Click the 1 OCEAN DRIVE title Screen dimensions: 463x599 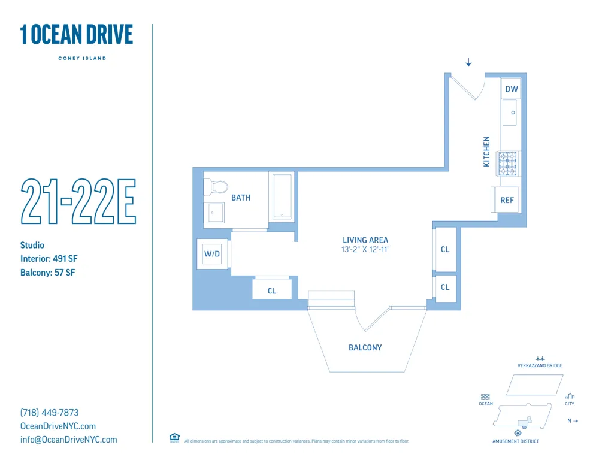tap(77, 35)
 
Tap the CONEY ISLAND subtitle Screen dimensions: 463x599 tap(82, 58)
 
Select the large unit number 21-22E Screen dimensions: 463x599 tap(78, 201)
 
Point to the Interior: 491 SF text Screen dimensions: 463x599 tap(49, 259)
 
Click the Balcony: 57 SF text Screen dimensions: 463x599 tap(47, 273)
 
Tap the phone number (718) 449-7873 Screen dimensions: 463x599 tap(50, 413)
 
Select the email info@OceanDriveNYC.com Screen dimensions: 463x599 tap(69, 440)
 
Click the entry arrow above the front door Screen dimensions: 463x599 tap(468, 62)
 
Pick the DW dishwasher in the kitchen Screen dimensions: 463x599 tap(511, 89)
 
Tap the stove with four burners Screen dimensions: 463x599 tap(508, 164)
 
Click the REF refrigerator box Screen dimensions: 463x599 tap(507, 200)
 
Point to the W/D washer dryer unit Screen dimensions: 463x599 tap(212, 254)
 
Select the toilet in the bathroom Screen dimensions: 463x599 tap(217, 186)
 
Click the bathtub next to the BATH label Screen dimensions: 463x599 tap(282, 196)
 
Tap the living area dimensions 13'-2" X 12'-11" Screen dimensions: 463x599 tap(365, 249)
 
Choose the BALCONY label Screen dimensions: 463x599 tap(365, 347)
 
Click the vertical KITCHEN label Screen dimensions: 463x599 tap(486, 152)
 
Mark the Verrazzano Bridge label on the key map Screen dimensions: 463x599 tap(540, 365)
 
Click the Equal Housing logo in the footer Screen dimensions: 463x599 tap(174, 438)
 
